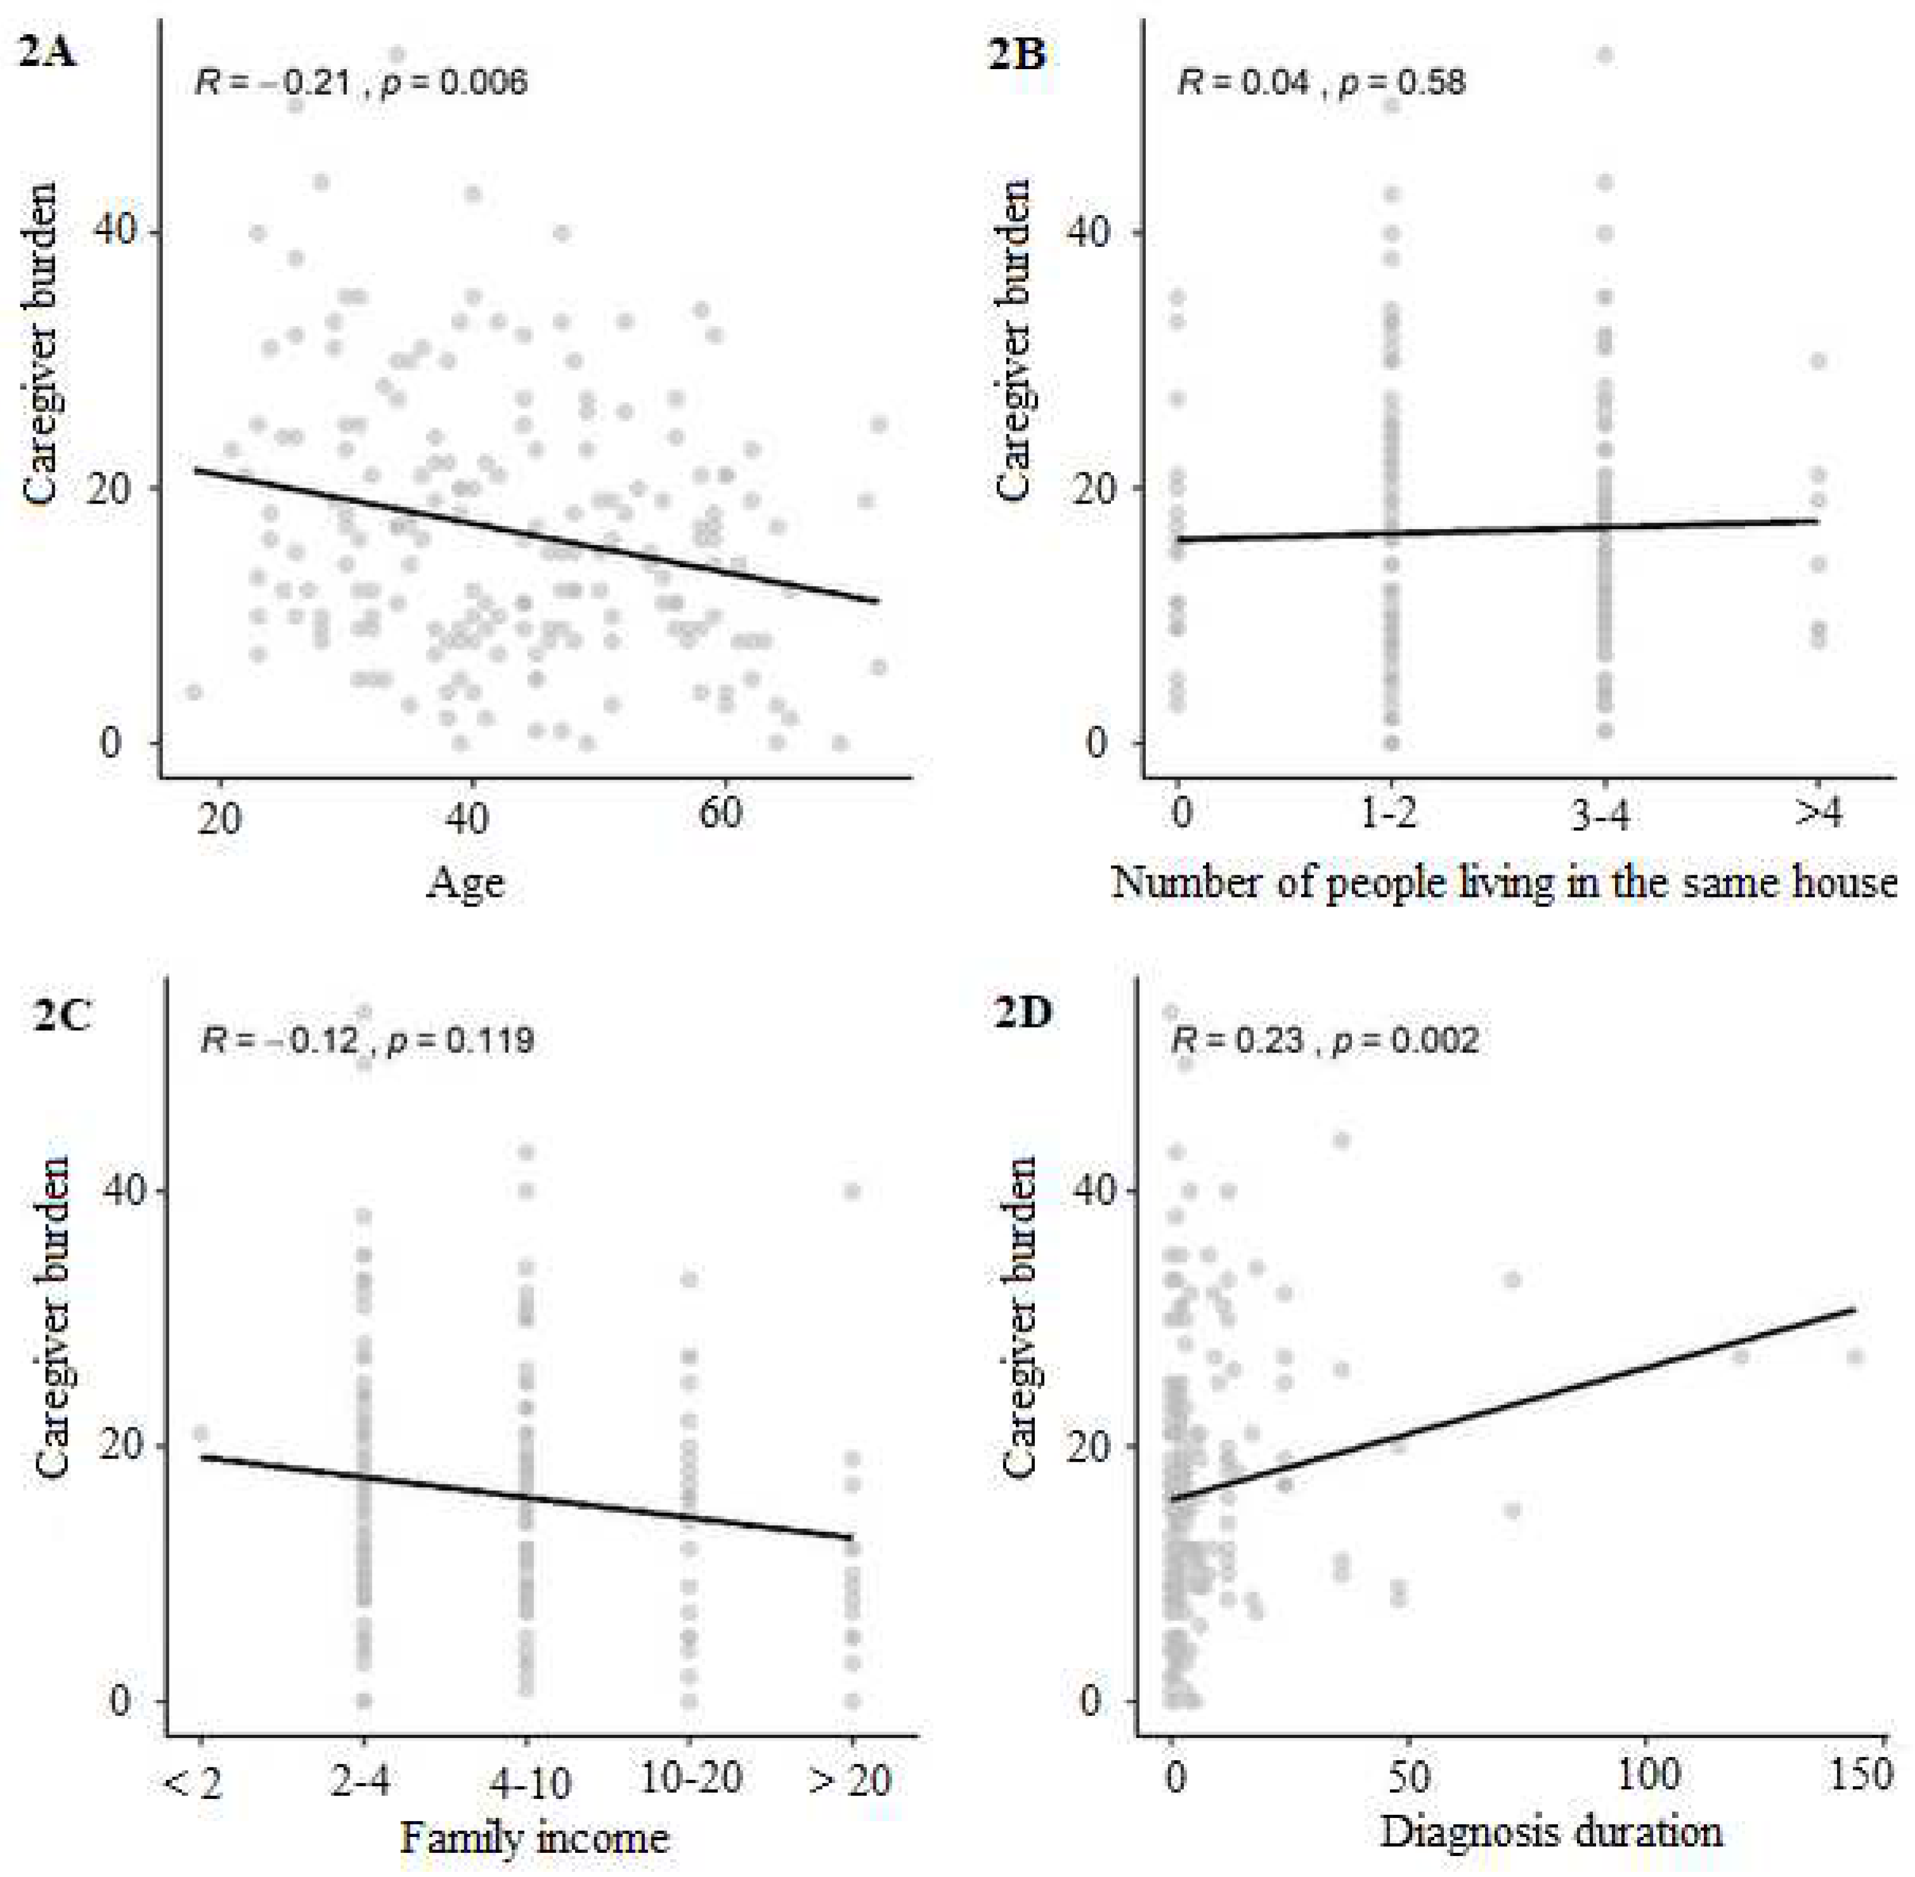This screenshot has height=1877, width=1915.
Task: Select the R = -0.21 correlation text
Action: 273,82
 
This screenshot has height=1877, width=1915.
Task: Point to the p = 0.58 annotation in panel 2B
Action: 1403,82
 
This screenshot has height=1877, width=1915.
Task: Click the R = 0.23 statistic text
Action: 1235,1040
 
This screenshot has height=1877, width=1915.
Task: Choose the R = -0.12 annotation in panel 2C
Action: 279,1040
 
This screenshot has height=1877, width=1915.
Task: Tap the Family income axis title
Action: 533,1838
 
